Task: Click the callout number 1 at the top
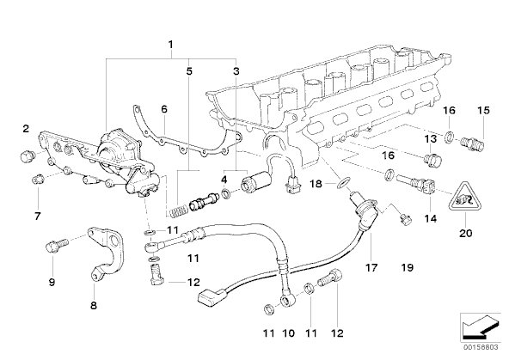pyautogui.click(x=170, y=44)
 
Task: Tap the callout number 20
pyautogui.click(x=465, y=233)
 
